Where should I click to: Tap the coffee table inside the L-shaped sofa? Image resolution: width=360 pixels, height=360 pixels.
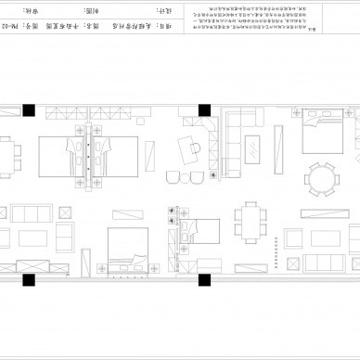point(253,146)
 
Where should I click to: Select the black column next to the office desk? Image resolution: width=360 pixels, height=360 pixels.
point(202,109)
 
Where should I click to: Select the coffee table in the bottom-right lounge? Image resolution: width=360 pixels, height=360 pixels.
point(320,233)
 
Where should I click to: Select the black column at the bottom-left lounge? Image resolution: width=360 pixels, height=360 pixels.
point(31,277)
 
